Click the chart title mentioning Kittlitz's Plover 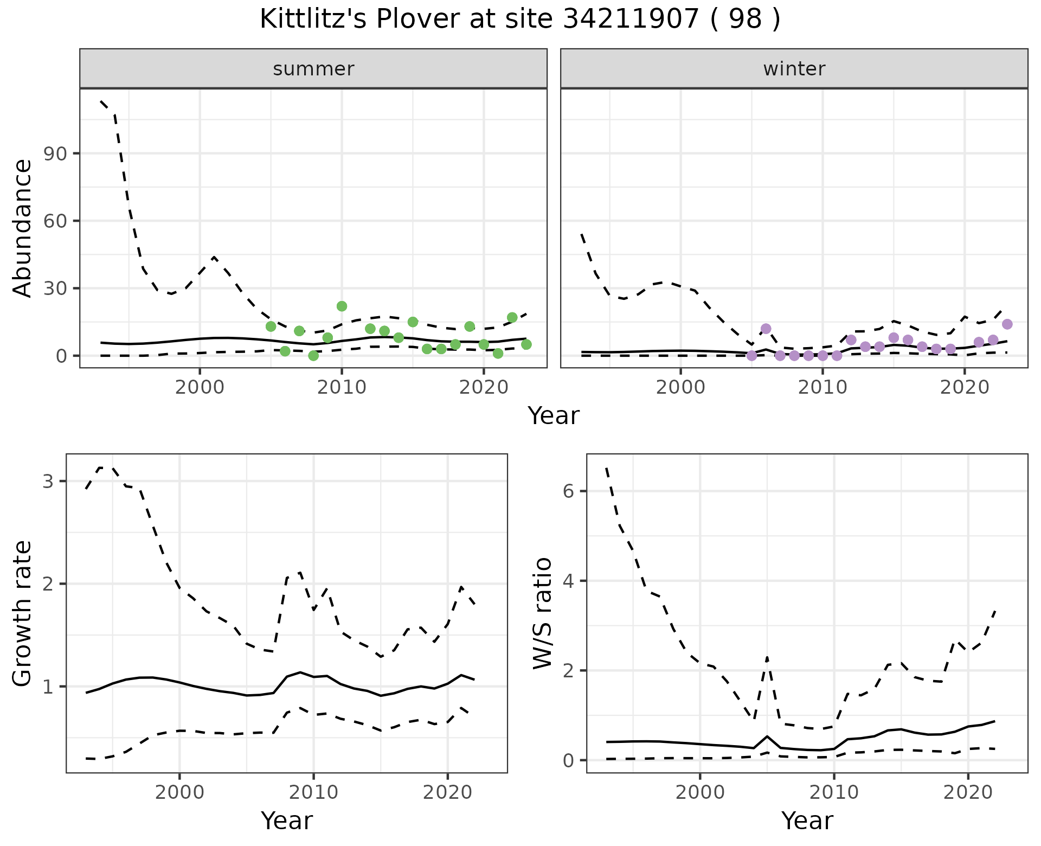coord(520,20)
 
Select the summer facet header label coord(313,69)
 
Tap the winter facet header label coord(794,69)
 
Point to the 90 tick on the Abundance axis coord(54,153)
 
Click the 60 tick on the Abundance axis coord(54,221)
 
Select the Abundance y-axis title coord(23,228)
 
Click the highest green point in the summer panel coord(342,306)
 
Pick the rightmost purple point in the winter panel coord(1007,324)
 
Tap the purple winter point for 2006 coord(766,329)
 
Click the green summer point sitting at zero coord(313,356)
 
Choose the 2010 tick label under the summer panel coord(342,388)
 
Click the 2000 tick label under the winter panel coord(680,388)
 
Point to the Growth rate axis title coord(23,613)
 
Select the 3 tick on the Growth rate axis coord(48,481)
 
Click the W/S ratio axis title coord(543,613)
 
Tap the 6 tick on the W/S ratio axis coord(568,491)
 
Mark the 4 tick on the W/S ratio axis coord(568,581)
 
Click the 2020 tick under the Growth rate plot coord(447,793)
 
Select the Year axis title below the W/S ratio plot coord(807,821)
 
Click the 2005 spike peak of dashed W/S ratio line coord(767,657)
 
